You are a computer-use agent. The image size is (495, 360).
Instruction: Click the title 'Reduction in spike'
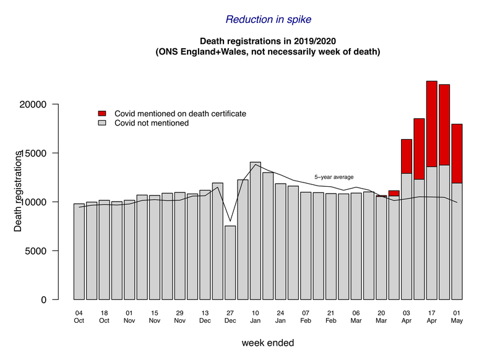[x=268, y=19]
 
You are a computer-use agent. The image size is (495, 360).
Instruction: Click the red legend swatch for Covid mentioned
[x=103, y=114]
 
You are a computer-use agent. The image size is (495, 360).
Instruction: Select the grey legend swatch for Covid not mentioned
[x=103, y=123]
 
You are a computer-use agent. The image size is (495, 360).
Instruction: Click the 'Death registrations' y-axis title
[x=19, y=192]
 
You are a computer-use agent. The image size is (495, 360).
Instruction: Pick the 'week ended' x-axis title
[x=267, y=342]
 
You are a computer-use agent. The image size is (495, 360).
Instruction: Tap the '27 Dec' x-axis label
[x=230, y=317]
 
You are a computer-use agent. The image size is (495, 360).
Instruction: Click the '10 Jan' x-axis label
[x=255, y=317]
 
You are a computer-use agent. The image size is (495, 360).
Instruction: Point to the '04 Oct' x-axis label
[x=79, y=317]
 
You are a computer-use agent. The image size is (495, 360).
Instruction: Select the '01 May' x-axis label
[x=457, y=317]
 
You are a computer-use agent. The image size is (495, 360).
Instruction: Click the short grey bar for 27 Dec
[x=230, y=263]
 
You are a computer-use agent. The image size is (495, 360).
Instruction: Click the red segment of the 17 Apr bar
[x=432, y=124]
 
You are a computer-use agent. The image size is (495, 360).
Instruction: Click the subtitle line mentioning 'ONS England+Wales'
[x=267, y=53]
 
